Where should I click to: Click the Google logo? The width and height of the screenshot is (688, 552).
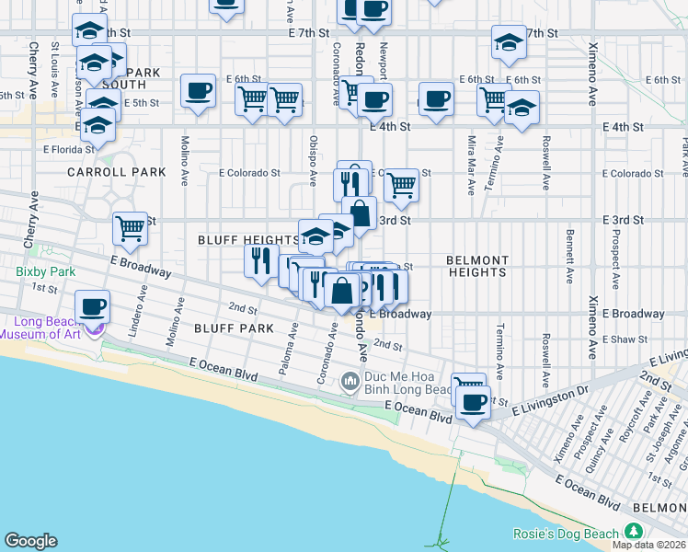coord(30,541)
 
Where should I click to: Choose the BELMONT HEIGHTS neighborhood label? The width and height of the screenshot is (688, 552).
coord(477,266)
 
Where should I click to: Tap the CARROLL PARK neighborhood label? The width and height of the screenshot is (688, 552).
coord(117,172)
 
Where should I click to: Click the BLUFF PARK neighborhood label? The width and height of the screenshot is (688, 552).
coord(234,328)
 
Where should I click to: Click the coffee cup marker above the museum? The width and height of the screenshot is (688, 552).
coord(92,306)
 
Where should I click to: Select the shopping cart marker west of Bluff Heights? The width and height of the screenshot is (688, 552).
coord(130,227)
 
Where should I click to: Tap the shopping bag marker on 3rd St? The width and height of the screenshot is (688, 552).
coord(360,213)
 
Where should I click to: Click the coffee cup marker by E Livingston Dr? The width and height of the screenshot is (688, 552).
coord(474,402)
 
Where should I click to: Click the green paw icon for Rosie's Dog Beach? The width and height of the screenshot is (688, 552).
coord(633,532)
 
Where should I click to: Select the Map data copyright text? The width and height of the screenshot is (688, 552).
coord(648,545)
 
